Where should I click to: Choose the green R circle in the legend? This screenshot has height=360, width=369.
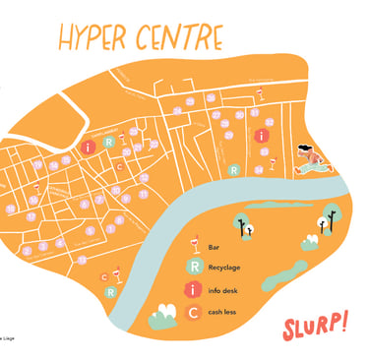[x=195, y=267]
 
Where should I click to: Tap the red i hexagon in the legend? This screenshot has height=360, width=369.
[x=195, y=289]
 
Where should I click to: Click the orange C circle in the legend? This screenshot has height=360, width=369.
[x=195, y=313]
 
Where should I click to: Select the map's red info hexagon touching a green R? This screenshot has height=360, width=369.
[x=91, y=147]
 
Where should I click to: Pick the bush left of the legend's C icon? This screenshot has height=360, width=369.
[x=162, y=317]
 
